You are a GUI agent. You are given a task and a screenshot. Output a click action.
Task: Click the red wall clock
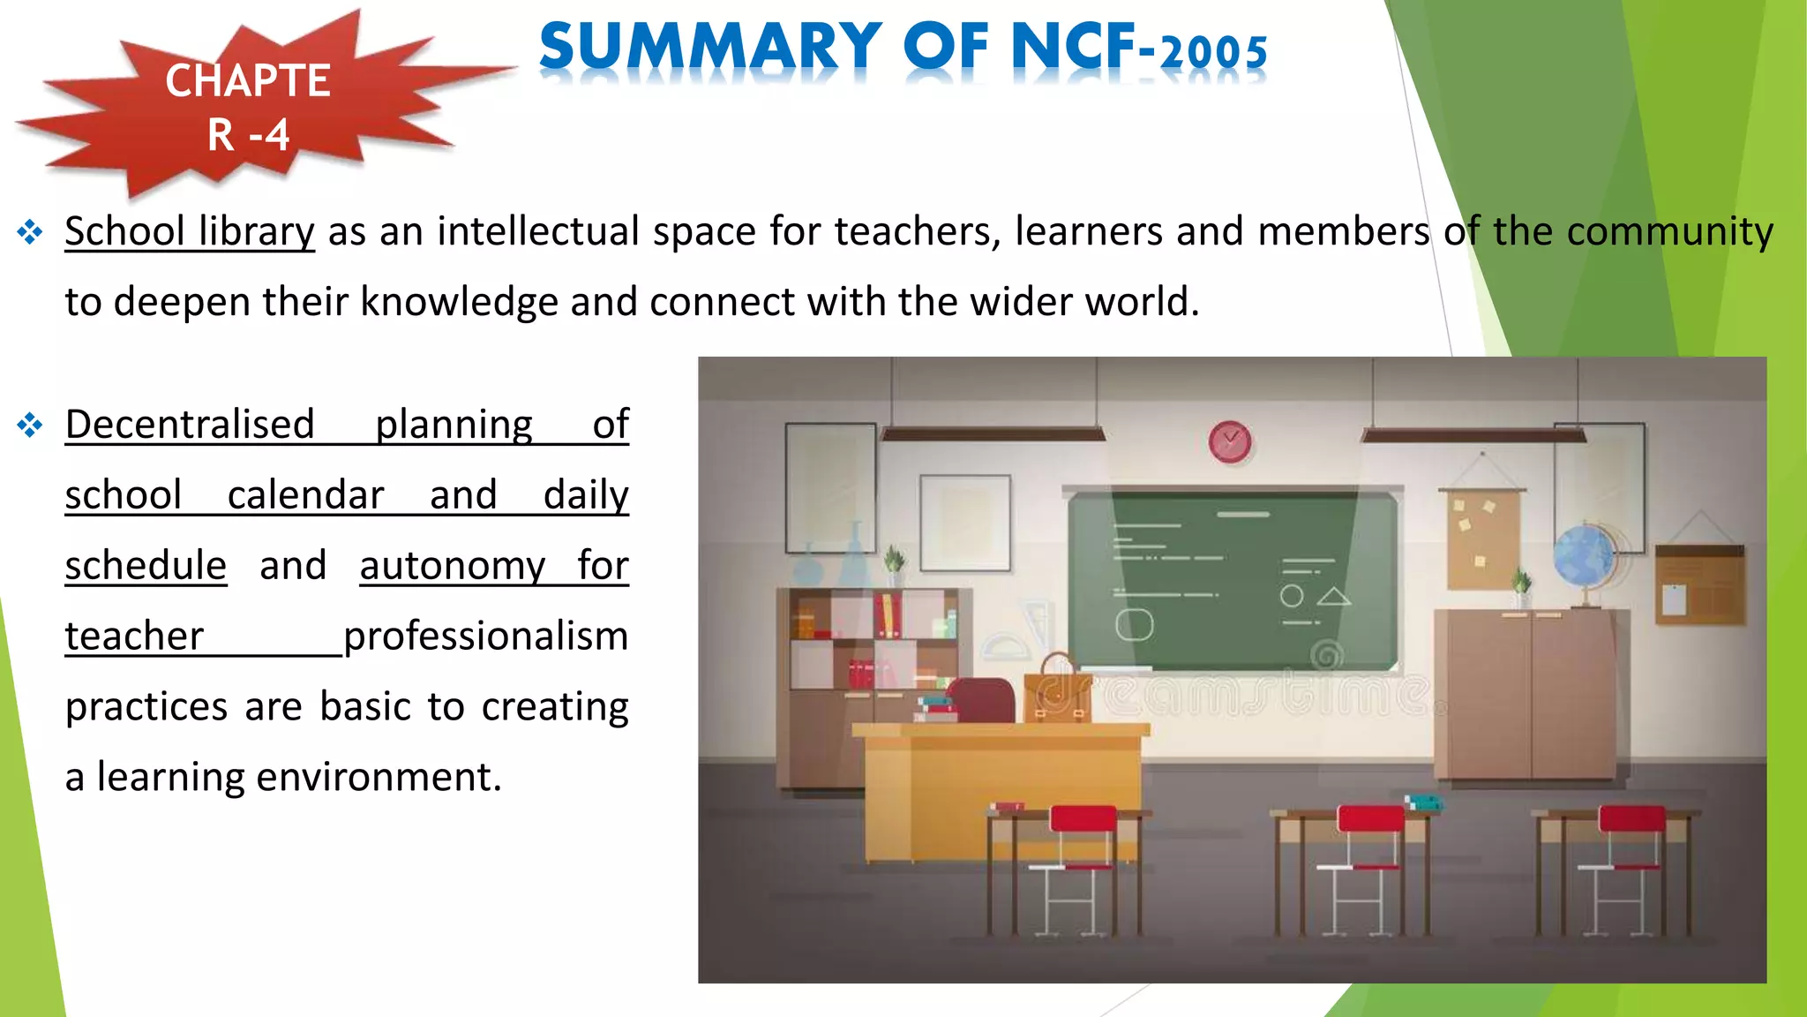tap(1229, 441)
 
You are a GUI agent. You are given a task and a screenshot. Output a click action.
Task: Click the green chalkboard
tap(1232, 579)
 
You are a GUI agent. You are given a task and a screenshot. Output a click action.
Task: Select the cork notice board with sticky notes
tap(1482, 539)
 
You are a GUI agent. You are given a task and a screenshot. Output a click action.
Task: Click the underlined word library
tap(256, 232)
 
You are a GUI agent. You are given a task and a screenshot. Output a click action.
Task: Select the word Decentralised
tap(190, 425)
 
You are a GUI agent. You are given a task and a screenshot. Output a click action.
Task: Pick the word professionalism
tap(485, 637)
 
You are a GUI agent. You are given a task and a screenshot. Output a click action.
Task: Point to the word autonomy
tap(453, 566)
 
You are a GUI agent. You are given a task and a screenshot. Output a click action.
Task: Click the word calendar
tap(305, 495)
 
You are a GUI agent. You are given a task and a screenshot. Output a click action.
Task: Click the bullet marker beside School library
tap(30, 232)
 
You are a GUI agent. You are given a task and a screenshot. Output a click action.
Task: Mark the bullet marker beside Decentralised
tap(30, 426)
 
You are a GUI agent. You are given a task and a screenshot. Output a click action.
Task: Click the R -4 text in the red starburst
tap(248, 135)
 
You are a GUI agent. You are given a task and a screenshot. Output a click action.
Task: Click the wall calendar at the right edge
tap(1698, 584)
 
